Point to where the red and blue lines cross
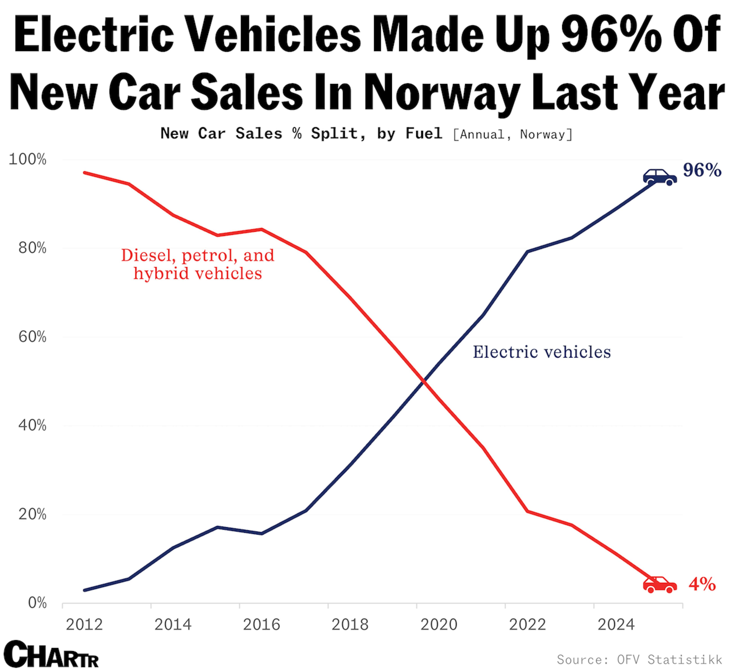(423, 381)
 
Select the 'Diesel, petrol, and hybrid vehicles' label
(197, 264)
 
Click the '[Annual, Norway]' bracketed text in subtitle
(513, 135)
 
